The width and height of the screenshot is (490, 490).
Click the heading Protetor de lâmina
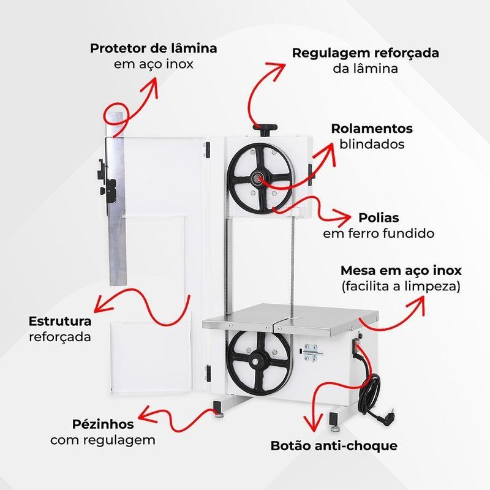coord(153,48)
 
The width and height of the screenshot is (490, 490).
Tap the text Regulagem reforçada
coord(365,53)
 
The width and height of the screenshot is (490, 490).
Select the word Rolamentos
coord(372,129)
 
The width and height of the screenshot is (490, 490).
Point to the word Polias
coord(379,218)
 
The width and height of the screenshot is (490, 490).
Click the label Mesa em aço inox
coord(401,270)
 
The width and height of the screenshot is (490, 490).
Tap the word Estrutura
coord(60,321)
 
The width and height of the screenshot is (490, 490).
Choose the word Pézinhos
coord(103,424)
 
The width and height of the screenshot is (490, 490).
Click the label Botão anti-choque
coord(334,445)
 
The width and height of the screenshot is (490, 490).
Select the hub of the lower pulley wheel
coord(258,360)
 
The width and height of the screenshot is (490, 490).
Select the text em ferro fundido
coord(379,233)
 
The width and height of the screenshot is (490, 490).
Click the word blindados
coord(372,145)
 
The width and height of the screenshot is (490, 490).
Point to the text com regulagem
coord(103,440)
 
